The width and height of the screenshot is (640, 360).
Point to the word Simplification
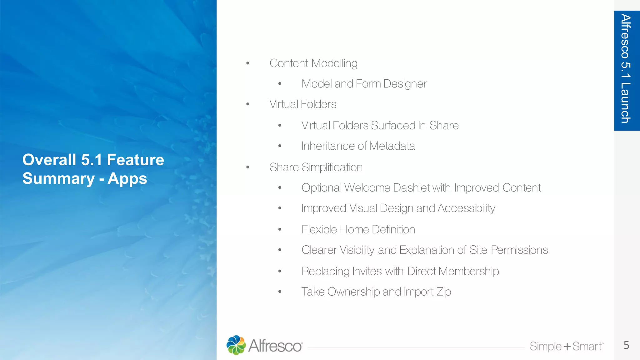coord(332,167)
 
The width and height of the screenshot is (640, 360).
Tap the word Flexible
coord(319,230)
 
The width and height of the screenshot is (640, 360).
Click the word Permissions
coord(519,250)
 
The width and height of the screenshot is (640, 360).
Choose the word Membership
coord(468,271)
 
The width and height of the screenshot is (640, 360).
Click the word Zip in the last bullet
coord(444,292)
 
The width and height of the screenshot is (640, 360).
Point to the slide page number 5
coord(626,345)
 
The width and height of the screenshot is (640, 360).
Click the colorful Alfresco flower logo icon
coord(236,345)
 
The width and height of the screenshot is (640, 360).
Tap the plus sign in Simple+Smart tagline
coord(567,347)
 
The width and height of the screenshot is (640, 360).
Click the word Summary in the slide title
coord(58,179)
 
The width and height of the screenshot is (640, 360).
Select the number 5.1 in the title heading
coord(92,160)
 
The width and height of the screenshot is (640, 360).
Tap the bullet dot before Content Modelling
coord(248,63)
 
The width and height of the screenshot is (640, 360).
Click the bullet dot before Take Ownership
coord(280,292)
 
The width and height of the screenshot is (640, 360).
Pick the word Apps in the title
coord(127,179)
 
